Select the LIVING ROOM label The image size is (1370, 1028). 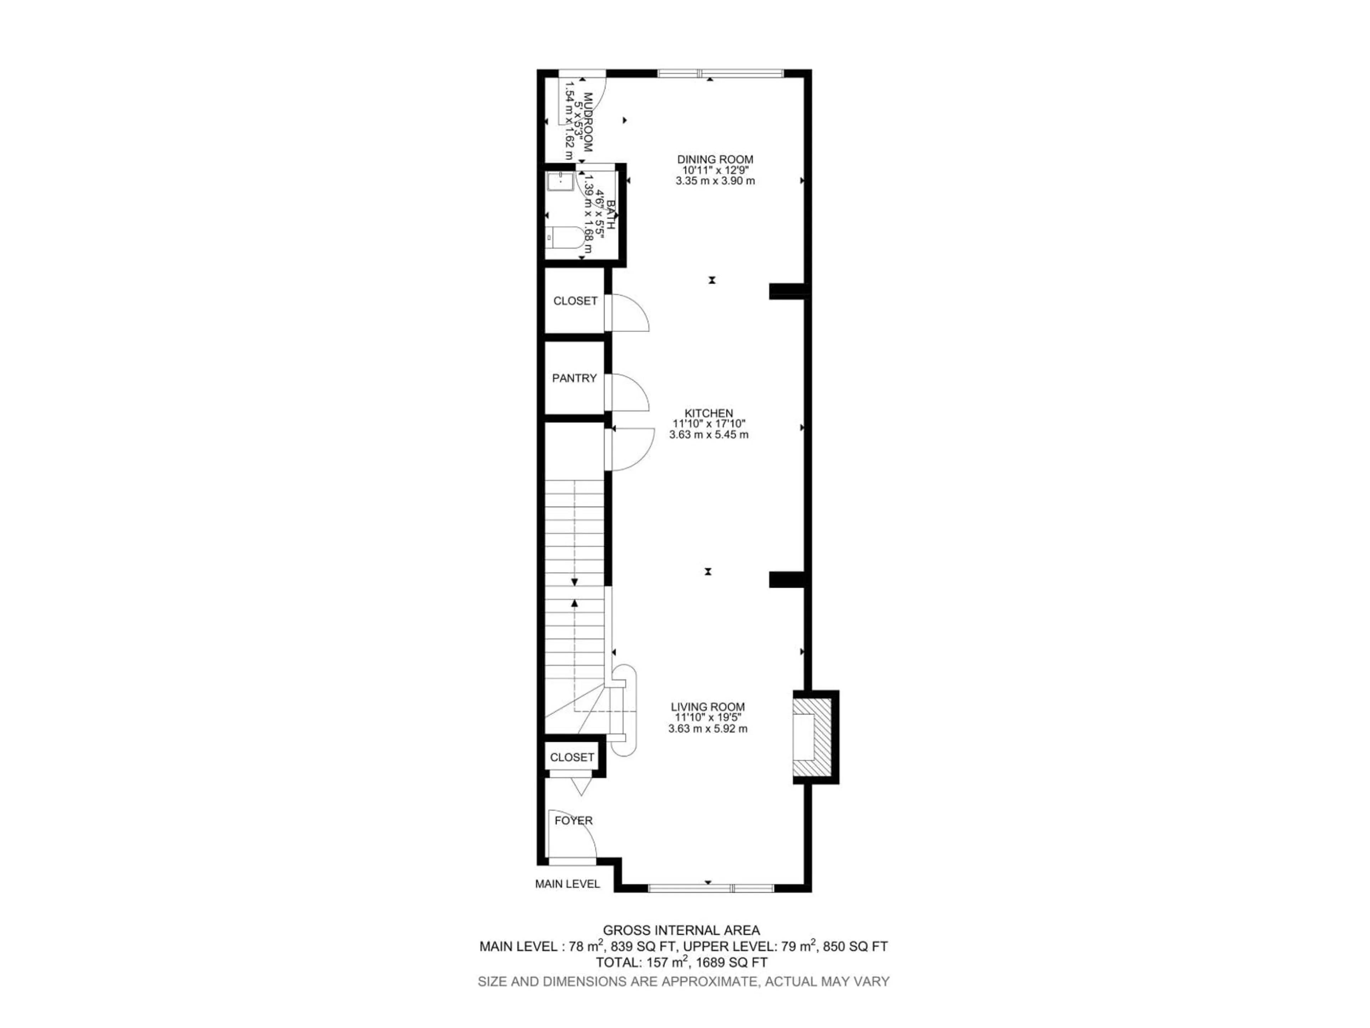coord(707,706)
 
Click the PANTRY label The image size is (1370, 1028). coord(574,378)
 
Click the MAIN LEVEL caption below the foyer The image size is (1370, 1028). coord(567,884)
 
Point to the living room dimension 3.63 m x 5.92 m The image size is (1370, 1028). coord(707,729)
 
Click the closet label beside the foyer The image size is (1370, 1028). coord(572,757)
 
